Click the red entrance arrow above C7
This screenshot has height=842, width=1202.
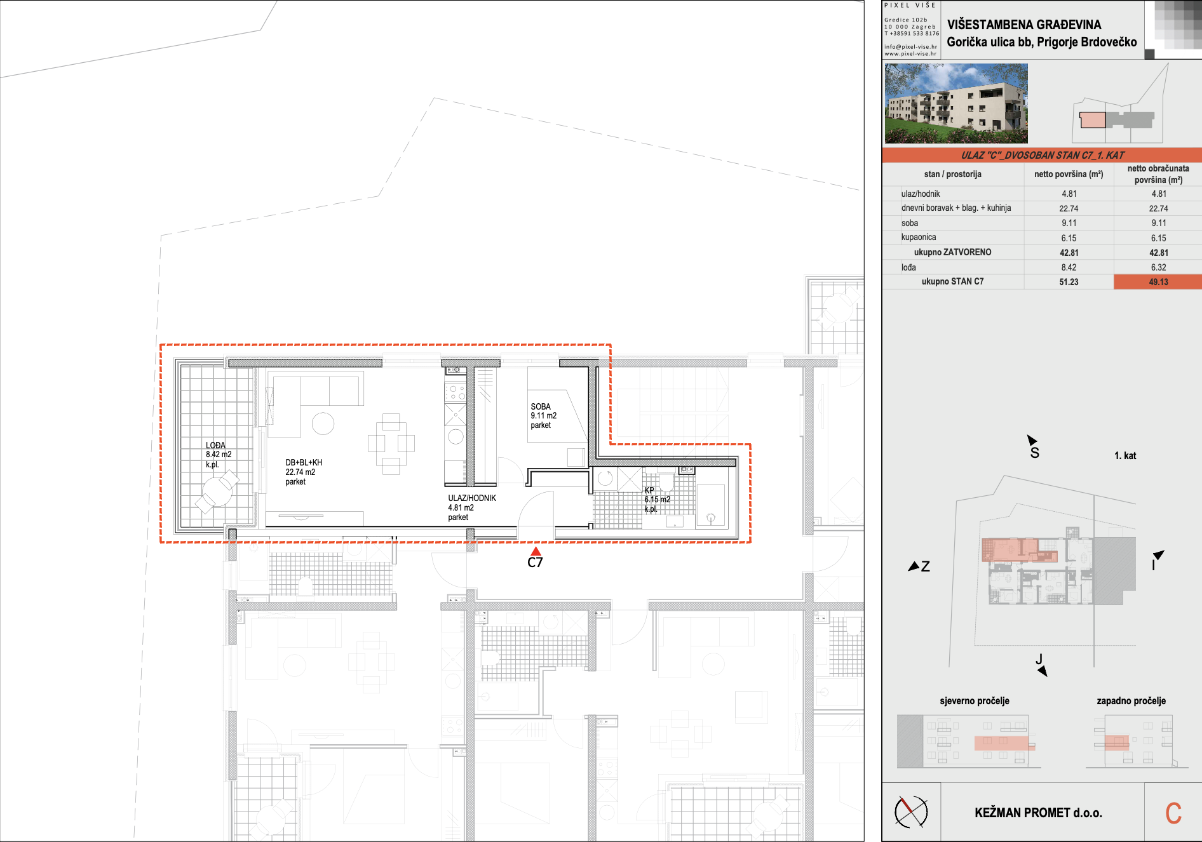pyautogui.click(x=536, y=551)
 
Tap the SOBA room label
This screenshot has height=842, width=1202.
pyautogui.click(x=541, y=406)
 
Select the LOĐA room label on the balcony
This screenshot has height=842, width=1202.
pyautogui.click(x=215, y=445)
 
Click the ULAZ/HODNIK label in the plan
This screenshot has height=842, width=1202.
pyautogui.click(x=472, y=498)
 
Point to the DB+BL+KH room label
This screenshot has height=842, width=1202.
pyautogui.click(x=304, y=463)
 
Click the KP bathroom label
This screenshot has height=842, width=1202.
pyautogui.click(x=649, y=490)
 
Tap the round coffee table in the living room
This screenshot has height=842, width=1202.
pyautogui.click(x=323, y=424)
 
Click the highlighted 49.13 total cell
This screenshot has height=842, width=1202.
pyautogui.click(x=1158, y=282)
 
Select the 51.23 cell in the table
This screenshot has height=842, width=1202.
pyautogui.click(x=1069, y=282)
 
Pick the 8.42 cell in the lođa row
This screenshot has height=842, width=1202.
pyautogui.click(x=1069, y=267)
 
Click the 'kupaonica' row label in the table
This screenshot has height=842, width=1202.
pyautogui.click(x=919, y=237)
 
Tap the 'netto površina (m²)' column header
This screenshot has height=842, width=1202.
pyautogui.click(x=1069, y=174)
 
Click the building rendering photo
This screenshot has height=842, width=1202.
pyautogui.click(x=956, y=103)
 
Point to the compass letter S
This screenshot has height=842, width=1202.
pyautogui.click(x=1035, y=453)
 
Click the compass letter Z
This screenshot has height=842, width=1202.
pyautogui.click(x=926, y=566)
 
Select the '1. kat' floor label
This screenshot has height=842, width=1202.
pyautogui.click(x=1125, y=455)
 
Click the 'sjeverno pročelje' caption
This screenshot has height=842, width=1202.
pyautogui.click(x=975, y=701)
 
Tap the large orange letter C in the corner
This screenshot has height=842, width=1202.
pyautogui.click(x=1173, y=813)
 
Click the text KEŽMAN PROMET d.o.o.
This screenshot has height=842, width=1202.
pyautogui.click(x=1039, y=813)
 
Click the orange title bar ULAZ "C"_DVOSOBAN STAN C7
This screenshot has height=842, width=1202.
pyautogui.click(x=1042, y=155)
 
